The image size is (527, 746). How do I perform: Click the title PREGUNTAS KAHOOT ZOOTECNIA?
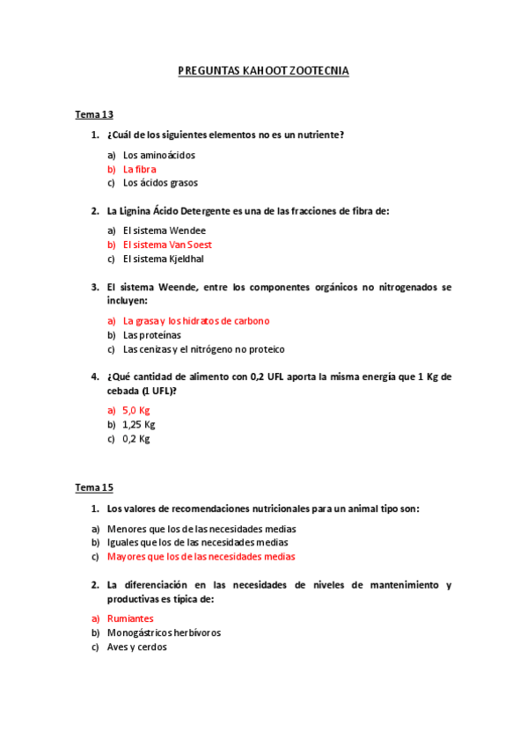(x=263, y=71)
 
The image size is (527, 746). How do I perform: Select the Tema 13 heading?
(x=94, y=114)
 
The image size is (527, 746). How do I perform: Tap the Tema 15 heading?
(x=94, y=487)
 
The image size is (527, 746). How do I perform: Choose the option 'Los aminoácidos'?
(x=159, y=155)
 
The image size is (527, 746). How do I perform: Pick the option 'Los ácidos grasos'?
(x=160, y=183)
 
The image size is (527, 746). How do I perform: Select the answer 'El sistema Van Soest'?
(x=167, y=245)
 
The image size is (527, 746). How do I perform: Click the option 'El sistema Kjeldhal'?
(x=164, y=259)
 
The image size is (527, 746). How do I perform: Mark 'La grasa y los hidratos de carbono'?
(x=196, y=321)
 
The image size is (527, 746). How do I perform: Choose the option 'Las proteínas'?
(x=152, y=335)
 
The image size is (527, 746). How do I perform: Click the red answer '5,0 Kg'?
(x=136, y=411)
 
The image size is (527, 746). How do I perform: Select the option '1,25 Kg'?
(x=139, y=425)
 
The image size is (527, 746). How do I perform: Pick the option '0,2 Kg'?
(x=136, y=439)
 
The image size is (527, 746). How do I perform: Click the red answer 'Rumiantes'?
(x=130, y=618)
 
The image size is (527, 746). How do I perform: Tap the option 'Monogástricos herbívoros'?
(x=164, y=633)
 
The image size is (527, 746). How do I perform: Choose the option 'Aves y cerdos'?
(x=136, y=647)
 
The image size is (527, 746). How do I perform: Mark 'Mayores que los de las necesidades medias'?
(x=201, y=557)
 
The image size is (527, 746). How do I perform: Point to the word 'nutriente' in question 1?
(x=320, y=135)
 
